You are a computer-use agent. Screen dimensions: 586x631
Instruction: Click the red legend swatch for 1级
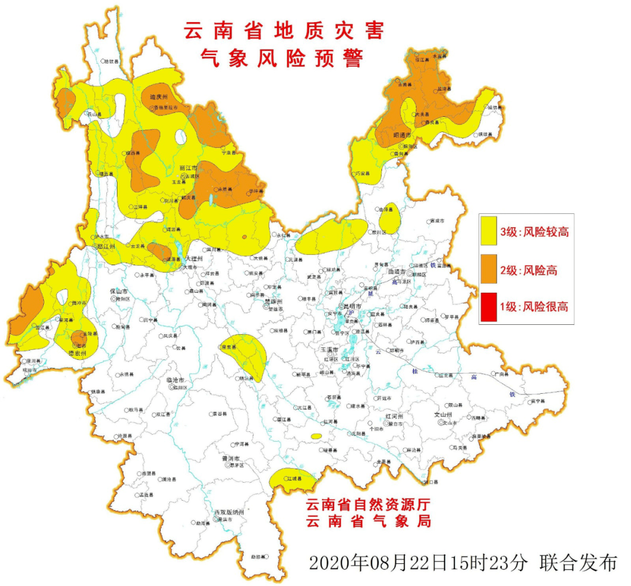(x=488, y=306)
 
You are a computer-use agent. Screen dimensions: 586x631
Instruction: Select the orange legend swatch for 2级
(x=488, y=269)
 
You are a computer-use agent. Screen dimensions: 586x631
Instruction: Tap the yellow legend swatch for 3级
(x=488, y=231)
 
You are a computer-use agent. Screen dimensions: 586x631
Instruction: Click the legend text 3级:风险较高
(x=534, y=232)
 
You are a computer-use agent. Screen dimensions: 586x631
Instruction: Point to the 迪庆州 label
(x=158, y=97)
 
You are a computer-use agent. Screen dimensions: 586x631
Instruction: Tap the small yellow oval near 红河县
(x=316, y=436)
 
